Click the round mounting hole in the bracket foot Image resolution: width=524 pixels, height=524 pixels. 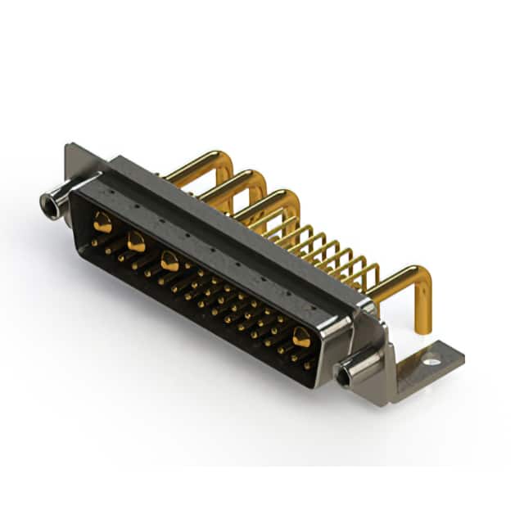pos(431,358)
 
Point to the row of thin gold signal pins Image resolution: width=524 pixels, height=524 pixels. pos(327,246)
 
